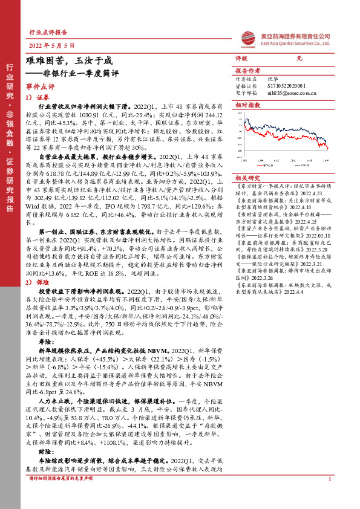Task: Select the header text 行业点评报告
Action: click(x=48, y=33)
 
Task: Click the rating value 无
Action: click(x=298, y=59)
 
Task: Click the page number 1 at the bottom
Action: click(x=329, y=496)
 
